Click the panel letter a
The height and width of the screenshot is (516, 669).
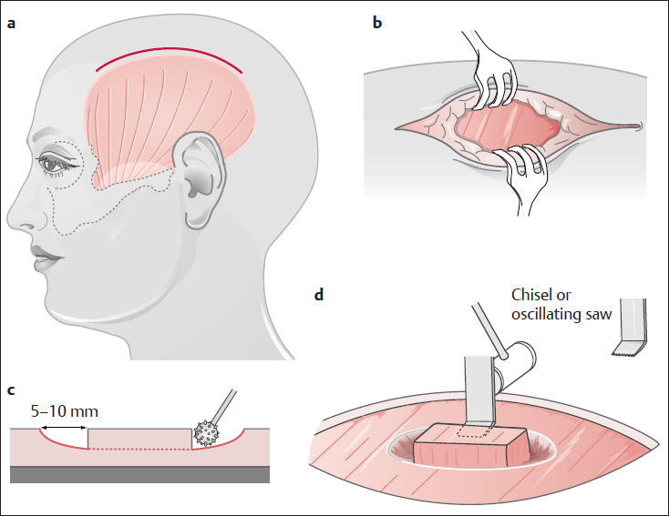tap(12, 25)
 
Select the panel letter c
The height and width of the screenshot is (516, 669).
tap(11, 391)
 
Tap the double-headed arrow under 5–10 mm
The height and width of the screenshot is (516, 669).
tap(66, 427)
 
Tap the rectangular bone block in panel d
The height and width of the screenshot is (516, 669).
tap(470, 445)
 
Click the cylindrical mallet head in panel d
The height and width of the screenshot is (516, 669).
tap(516, 363)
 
